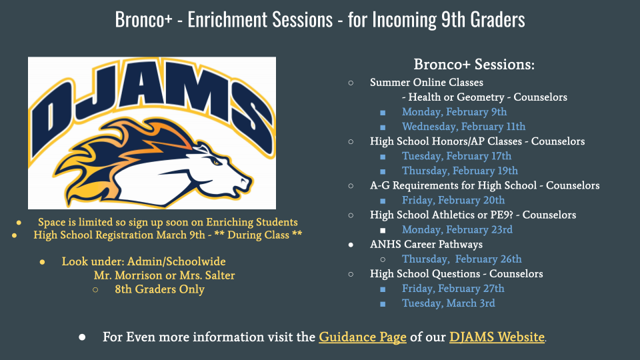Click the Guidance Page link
pos(363,337)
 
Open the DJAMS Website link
pos(497,337)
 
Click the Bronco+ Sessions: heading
pos(474,64)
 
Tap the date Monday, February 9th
pos(454,112)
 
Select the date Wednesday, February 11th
pos(464,127)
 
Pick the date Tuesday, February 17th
pos(457,156)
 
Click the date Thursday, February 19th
pos(460,171)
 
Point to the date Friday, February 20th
pos(453,200)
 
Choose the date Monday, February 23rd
pos(457,229)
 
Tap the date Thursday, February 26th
pos(461,259)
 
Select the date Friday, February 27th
pos(453,288)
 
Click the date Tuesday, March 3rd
pos(449,303)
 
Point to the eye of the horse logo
pos(215,162)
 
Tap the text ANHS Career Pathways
pos(426,244)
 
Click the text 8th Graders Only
pos(159,289)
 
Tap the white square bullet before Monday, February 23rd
pos(383,230)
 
